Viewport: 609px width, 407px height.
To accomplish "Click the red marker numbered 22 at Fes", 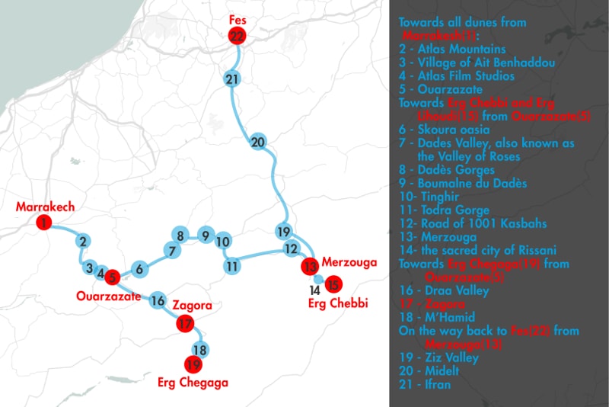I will [x=238, y=36].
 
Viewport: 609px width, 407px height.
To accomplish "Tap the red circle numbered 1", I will [x=45, y=223].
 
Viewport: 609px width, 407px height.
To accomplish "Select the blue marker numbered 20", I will [x=257, y=143].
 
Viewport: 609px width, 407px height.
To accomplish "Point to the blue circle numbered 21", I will [x=233, y=79].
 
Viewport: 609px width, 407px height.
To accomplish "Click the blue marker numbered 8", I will [x=180, y=235].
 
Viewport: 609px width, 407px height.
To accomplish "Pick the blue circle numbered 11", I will [x=232, y=266].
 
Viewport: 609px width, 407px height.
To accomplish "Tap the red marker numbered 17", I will [x=184, y=324].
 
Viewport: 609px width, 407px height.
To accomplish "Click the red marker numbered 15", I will [x=332, y=284].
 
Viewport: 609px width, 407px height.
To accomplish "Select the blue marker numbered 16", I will [x=158, y=300].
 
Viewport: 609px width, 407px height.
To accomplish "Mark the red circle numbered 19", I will [x=193, y=364].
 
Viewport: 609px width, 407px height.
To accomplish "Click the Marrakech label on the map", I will [x=44, y=207].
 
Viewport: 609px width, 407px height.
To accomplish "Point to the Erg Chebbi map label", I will [x=338, y=304].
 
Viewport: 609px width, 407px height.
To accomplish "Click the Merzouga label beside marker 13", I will [x=349, y=263].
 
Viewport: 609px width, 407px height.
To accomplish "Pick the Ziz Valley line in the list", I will [x=438, y=357].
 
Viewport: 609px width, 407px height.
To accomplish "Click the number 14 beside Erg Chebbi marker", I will [x=314, y=290].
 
